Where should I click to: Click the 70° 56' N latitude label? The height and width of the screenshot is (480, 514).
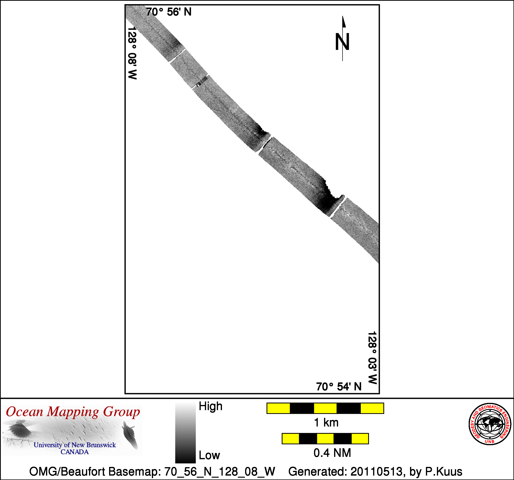[169, 12]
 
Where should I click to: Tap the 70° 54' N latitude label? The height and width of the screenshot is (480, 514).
[339, 387]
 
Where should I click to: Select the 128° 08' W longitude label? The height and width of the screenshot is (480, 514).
[132, 53]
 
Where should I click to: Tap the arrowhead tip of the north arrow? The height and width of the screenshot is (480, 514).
[343, 16]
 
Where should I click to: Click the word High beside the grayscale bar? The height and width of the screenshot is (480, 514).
[211, 406]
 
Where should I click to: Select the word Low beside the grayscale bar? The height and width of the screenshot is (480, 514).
[209, 455]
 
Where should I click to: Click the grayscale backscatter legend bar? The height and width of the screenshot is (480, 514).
[185, 433]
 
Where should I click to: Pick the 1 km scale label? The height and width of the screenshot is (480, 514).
[326, 423]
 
